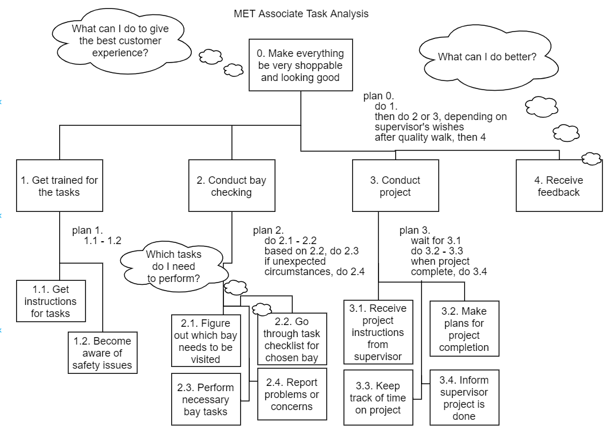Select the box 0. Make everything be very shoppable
coord(300,65)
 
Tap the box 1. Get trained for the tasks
coord(59,185)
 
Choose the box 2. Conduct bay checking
coord(231,185)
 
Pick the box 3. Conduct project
coord(395,185)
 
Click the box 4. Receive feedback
coord(558,185)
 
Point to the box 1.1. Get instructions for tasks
coord(51,301)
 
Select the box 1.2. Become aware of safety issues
coord(102,353)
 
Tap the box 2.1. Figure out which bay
coord(206,341)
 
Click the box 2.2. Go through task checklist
coord(292,339)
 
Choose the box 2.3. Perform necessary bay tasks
coord(206,399)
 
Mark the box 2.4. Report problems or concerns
coord(292,394)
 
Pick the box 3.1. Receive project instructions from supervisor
coord(378,332)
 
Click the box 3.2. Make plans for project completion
coord(464,328)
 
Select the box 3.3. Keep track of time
coord(378,397)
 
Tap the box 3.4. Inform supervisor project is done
coord(464,397)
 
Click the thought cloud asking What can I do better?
coord(487,57)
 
